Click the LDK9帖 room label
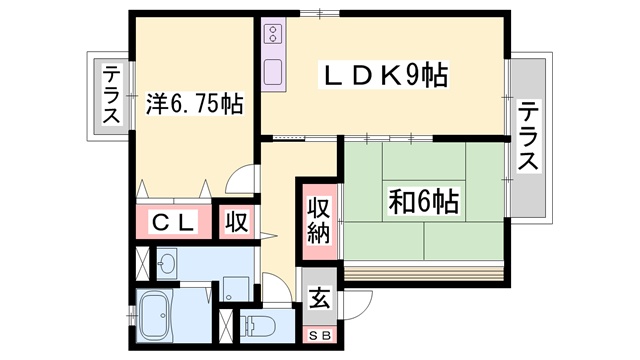click(x=385, y=74)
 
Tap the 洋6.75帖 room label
click(x=194, y=104)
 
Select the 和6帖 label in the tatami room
click(x=424, y=201)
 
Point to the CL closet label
click(x=173, y=223)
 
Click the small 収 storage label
click(x=237, y=222)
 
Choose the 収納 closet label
click(x=318, y=221)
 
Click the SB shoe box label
click(x=320, y=336)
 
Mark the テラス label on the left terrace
click(x=111, y=95)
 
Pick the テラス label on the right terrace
click(x=529, y=137)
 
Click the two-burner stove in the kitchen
click(x=273, y=34)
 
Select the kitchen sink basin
click(x=273, y=72)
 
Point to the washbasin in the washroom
click(x=167, y=264)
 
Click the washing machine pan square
click(x=236, y=289)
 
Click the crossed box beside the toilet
click(x=225, y=327)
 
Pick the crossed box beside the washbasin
click(x=142, y=263)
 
